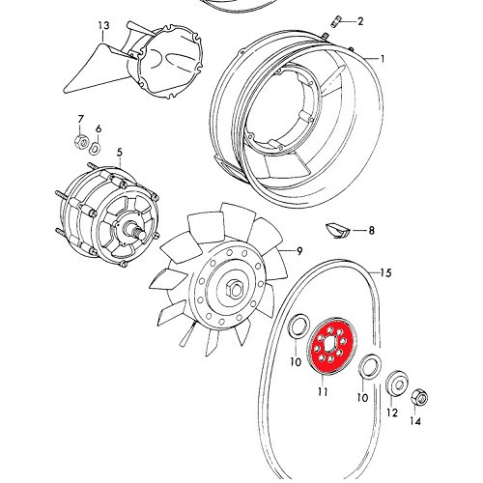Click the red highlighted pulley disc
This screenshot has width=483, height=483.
click(x=331, y=349)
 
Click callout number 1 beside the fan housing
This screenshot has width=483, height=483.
click(x=382, y=59)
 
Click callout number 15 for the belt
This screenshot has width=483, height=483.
click(x=384, y=273)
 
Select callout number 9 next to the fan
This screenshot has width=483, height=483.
click(x=300, y=251)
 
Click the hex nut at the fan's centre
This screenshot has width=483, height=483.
click(x=235, y=288)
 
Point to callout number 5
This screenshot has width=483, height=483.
click(x=120, y=152)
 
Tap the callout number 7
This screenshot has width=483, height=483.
click(x=80, y=120)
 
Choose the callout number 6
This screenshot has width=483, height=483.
click(x=98, y=128)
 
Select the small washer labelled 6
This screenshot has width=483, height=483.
click(x=96, y=148)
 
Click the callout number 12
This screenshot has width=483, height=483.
click(x=391, y=413)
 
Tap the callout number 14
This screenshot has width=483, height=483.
click(x=416, y=421)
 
